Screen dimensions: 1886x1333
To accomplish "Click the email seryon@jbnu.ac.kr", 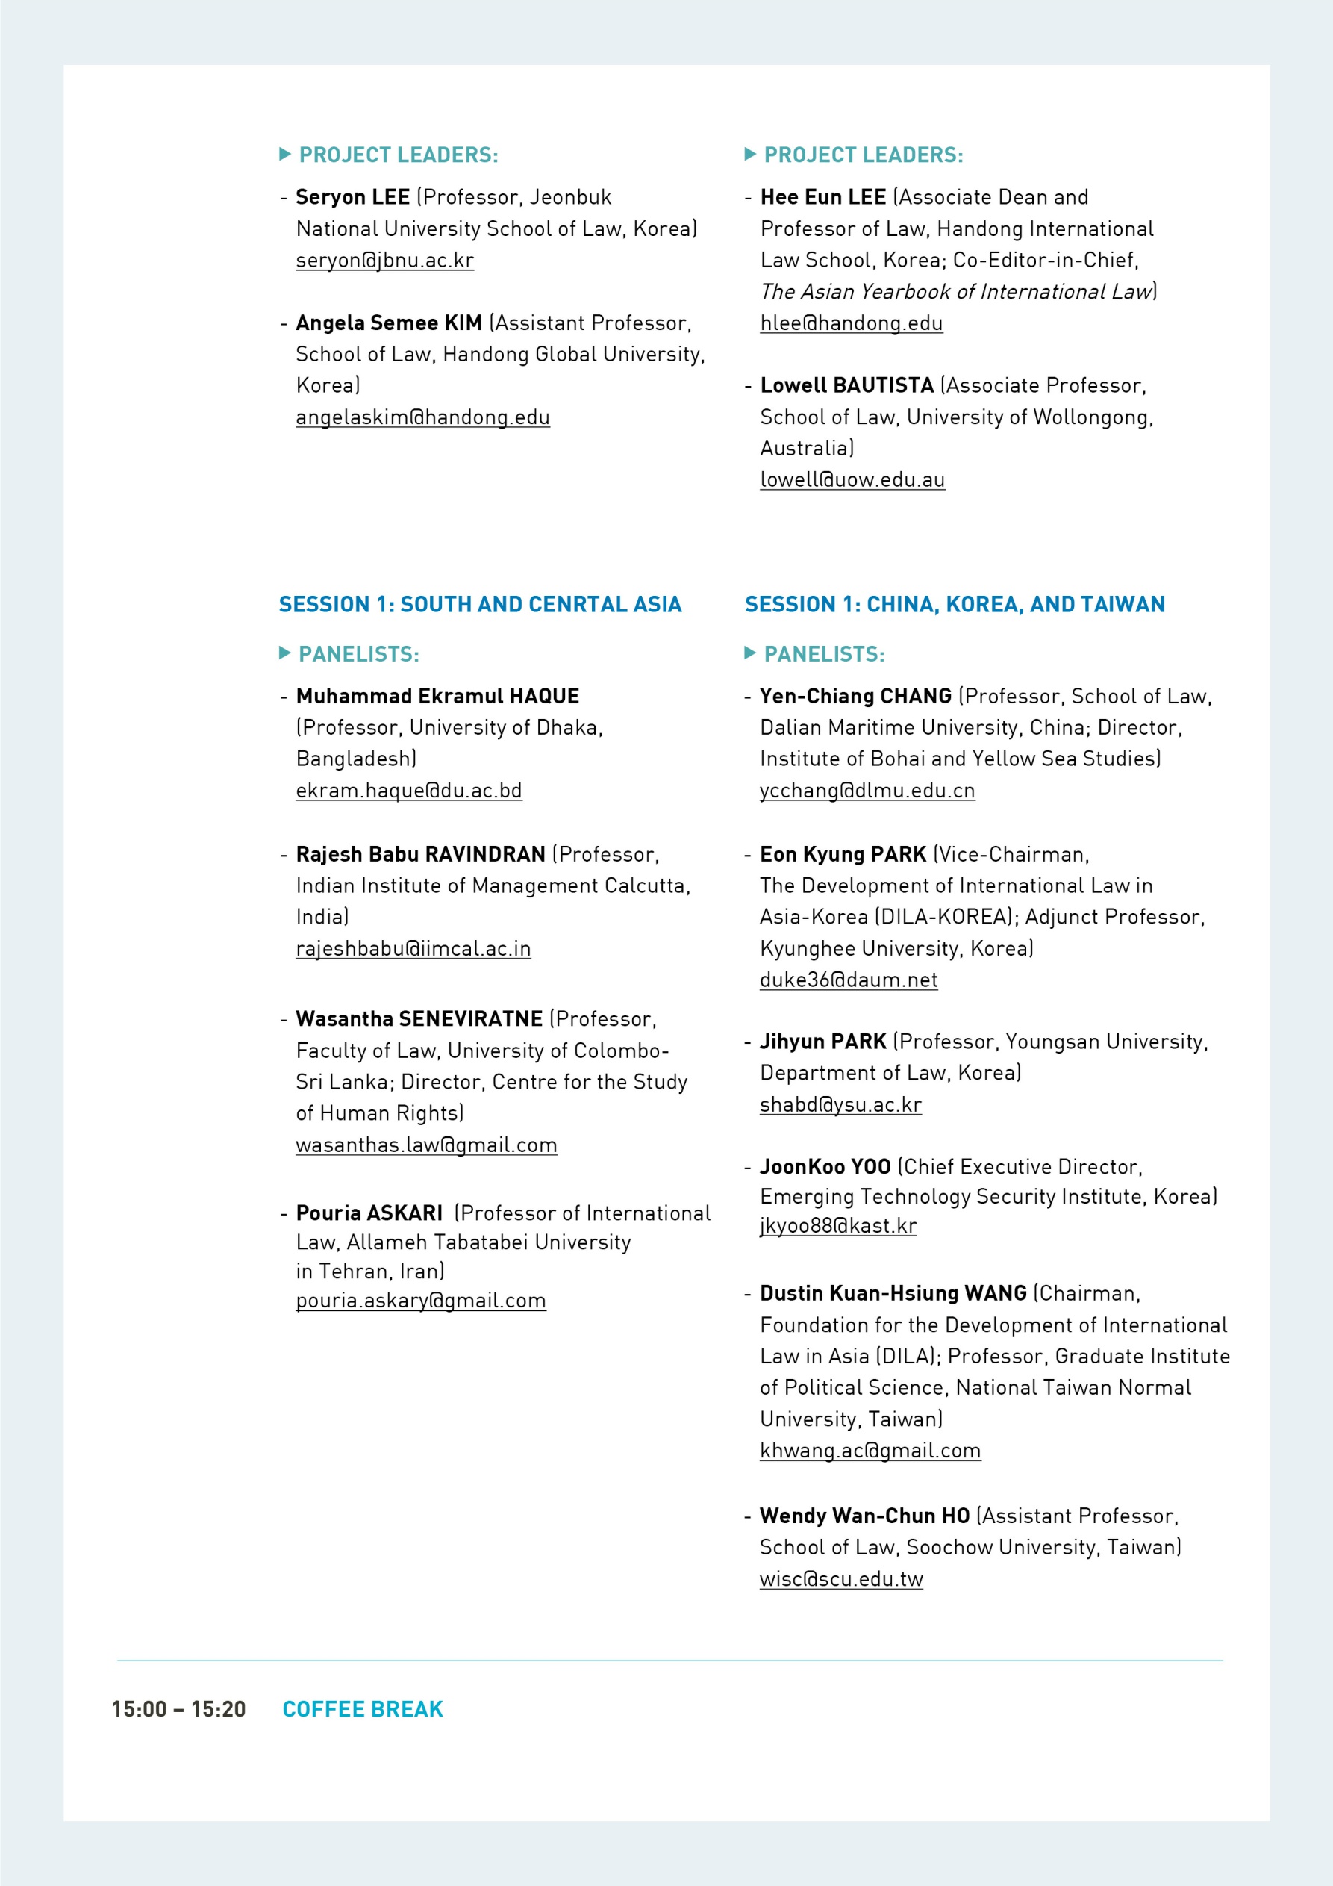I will coord(384,261).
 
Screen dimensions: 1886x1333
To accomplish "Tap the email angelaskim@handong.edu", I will coord(422,417).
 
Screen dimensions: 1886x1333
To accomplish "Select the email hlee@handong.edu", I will coord(851,323).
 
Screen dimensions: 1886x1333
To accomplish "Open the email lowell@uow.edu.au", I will coord(852,480).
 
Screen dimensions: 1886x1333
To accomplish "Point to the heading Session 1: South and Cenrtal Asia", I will coord(480,605).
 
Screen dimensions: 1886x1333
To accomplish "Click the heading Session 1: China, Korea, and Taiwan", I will coord(955,605).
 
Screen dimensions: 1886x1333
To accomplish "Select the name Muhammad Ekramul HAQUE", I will coord(437,696).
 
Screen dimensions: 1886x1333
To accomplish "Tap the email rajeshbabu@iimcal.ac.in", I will coord(413,949).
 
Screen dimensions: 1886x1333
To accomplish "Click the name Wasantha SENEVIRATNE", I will coord(419,1018).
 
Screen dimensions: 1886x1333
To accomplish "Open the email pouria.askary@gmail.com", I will coord(420,1301).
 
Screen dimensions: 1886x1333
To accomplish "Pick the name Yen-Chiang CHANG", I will coord(855,696).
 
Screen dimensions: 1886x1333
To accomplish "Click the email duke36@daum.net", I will coord(849,980).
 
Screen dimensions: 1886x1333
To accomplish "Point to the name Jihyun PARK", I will coord(823,1042).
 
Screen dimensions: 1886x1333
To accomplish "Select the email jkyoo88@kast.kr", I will coord(837,1225).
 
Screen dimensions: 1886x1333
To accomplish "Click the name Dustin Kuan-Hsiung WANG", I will coord(893,1293).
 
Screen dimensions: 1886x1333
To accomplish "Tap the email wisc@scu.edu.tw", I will coord(841,1579).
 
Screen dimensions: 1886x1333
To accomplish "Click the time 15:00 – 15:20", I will coord(179,1709).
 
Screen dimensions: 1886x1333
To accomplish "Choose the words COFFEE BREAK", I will coord(362,1709).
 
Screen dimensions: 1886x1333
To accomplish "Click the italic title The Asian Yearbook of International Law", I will coord(956,292).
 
